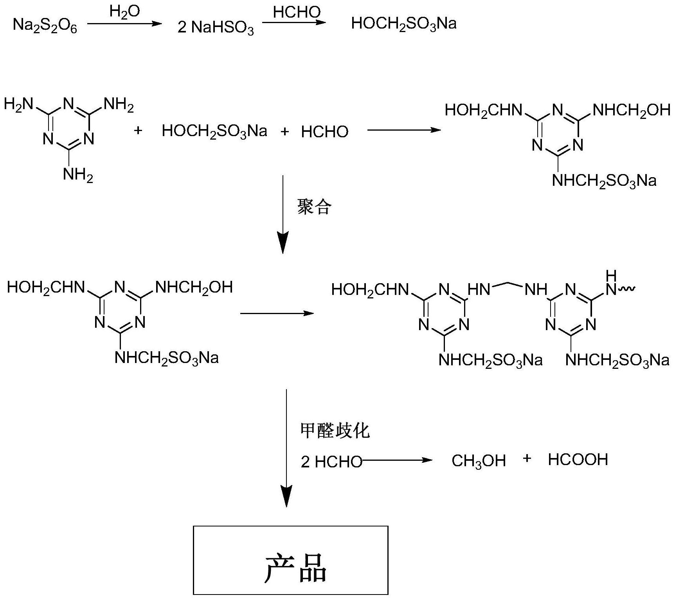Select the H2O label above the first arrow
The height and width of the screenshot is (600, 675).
124,12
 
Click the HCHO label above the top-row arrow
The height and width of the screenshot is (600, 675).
297,13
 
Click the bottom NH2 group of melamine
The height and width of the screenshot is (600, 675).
78,175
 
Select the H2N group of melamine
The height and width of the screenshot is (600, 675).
18,105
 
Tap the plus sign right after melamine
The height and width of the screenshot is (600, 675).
138,130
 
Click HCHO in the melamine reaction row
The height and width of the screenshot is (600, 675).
324,132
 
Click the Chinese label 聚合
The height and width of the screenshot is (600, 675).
314,207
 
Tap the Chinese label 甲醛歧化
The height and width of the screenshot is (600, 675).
335,431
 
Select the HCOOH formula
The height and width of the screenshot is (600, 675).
578,460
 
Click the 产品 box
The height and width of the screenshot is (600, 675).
290,560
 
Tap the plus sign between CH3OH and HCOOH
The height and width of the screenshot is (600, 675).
527,458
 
